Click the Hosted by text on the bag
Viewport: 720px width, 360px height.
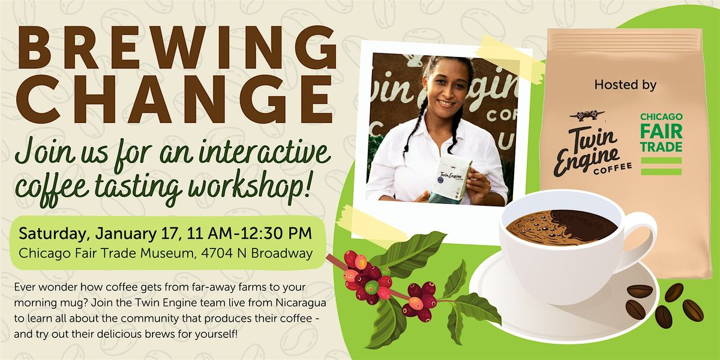[x=625, y=85]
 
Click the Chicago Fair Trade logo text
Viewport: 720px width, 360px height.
[x=661, y=131]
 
